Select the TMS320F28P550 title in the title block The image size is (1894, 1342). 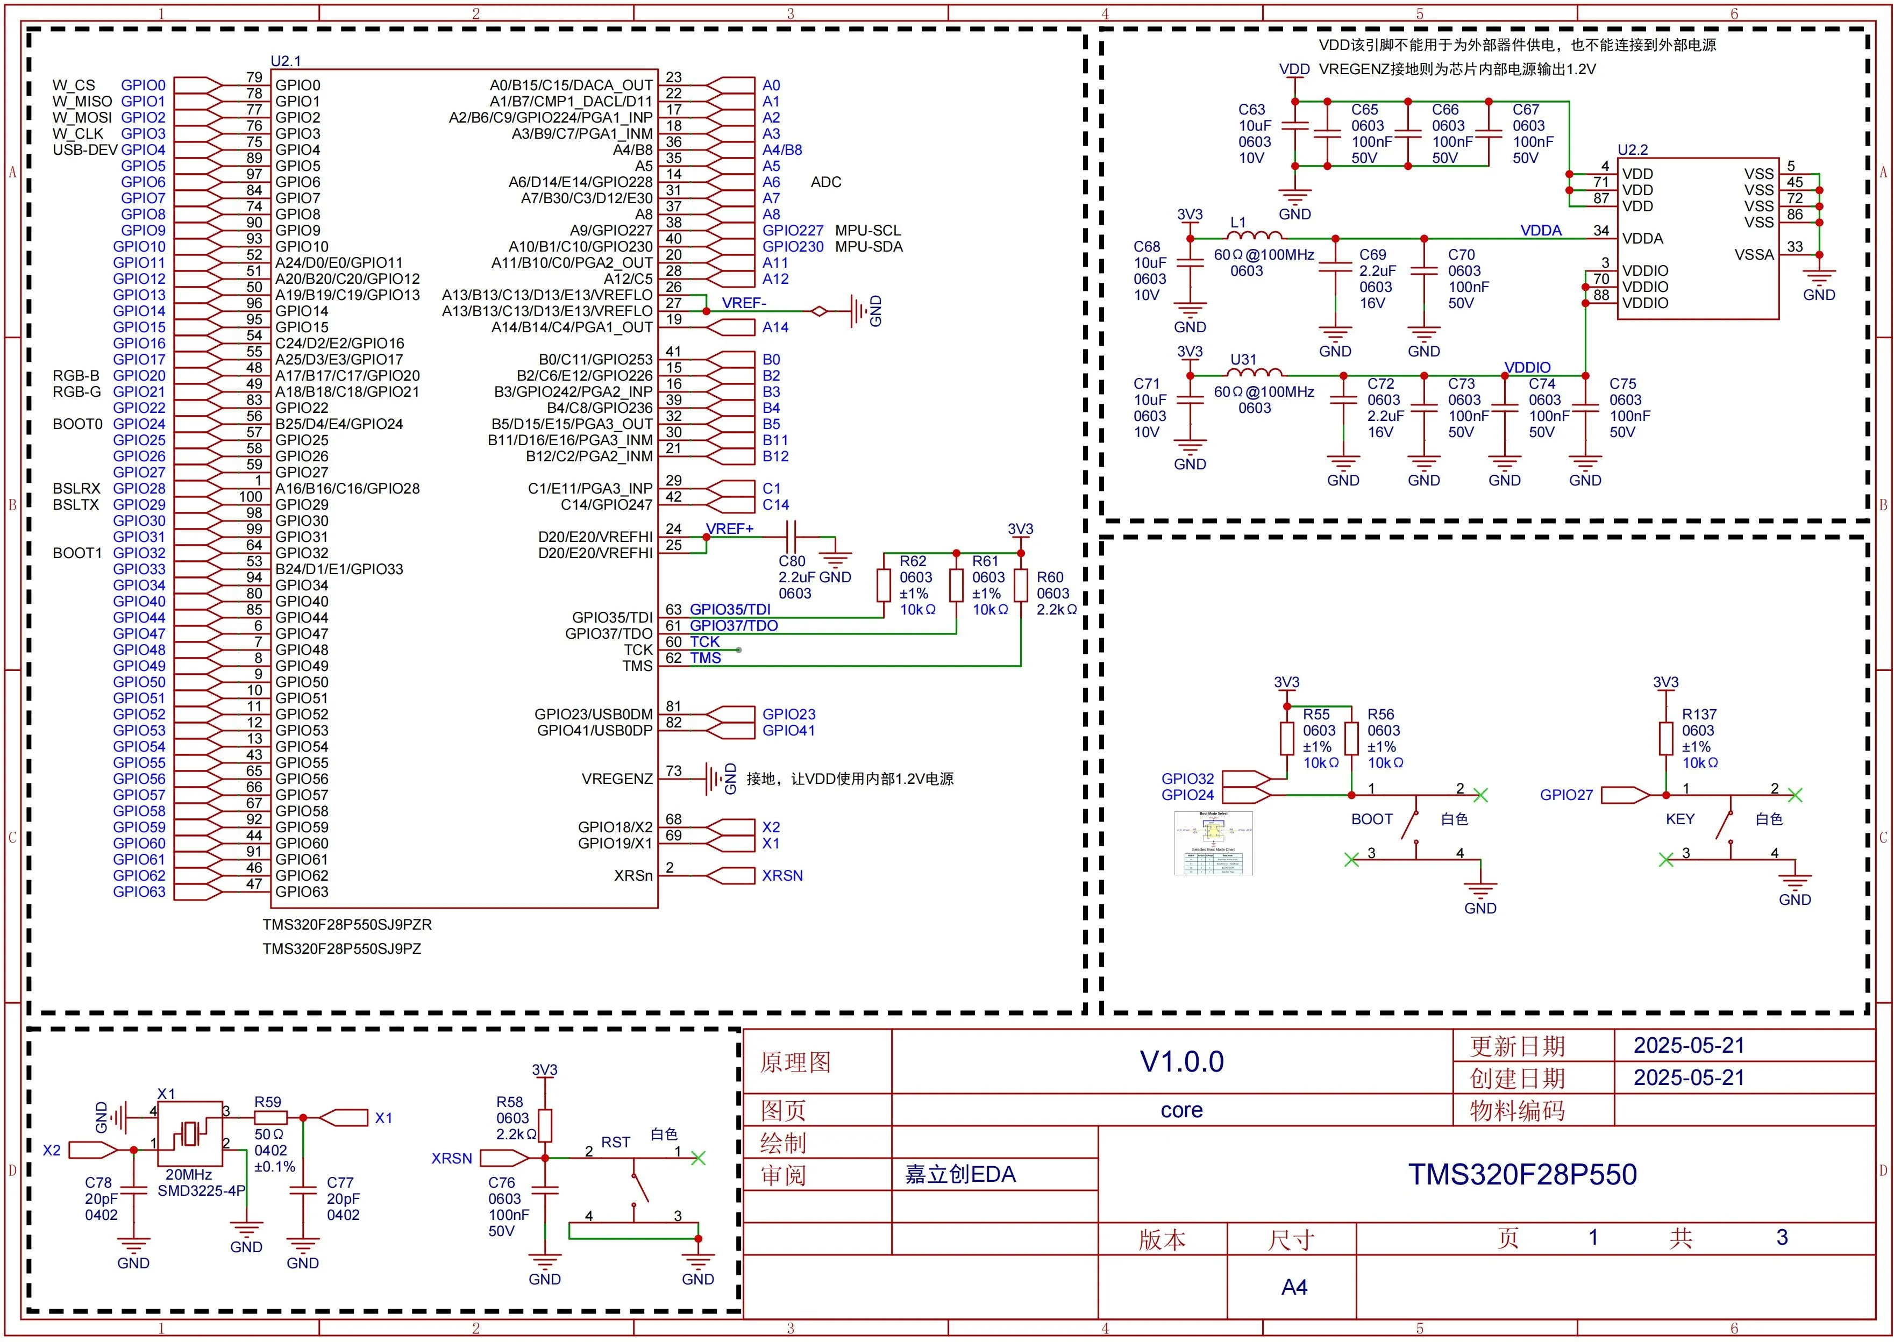[1522, 1174]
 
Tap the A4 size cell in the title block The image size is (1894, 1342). [1293, 1287]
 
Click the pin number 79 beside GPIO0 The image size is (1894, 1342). [254, 77]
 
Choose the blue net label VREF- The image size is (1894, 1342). [744, 303]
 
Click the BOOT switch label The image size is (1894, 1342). [1372, 819]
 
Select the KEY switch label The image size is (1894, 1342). [1680, 819]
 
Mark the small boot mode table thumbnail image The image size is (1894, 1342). [1213, 843]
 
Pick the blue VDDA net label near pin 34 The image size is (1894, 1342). [1540, 231]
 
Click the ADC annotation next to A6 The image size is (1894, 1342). [825, 182]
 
